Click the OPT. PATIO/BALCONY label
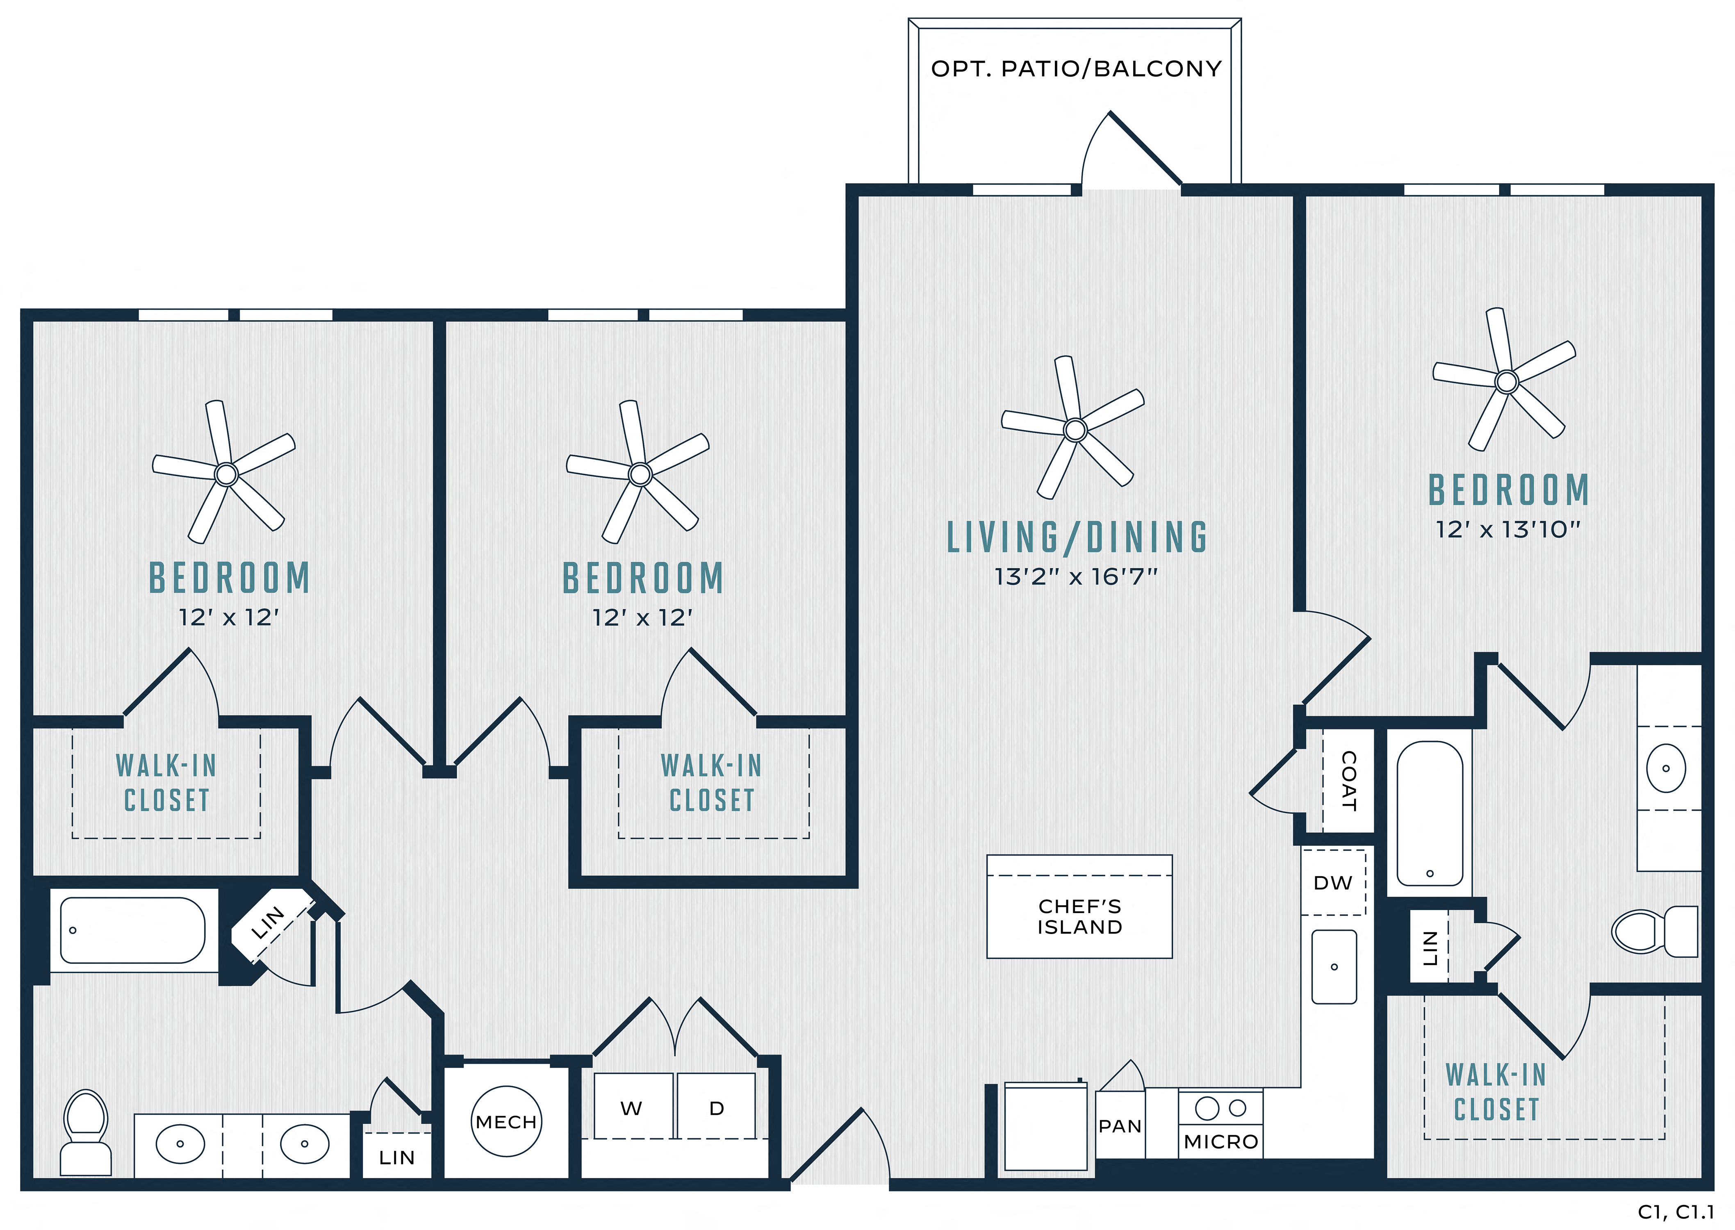pyautogui.click(x=1076, y=69)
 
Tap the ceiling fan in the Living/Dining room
pyautogui.click(x=1075, y=429)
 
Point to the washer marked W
pyautogui.click(x=633, y=1106)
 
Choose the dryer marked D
pyautogui.click(x=716, y=1106)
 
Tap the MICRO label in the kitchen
pyautogui.click(x=1221, y=1141)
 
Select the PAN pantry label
pyautogui.click(x=1120, y=1126)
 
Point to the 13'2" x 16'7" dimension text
pyautogui.click(x=1076, y=577)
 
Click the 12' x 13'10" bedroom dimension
pyautogui.click(x=1508, y=529)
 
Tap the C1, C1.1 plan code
pyautogui.click(x=1675, y=1212)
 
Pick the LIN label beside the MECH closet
pyautogui.click(x=397, y=1157)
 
